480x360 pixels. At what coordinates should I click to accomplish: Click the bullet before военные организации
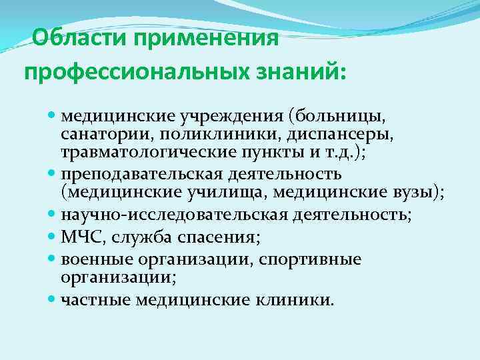(53, 259)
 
